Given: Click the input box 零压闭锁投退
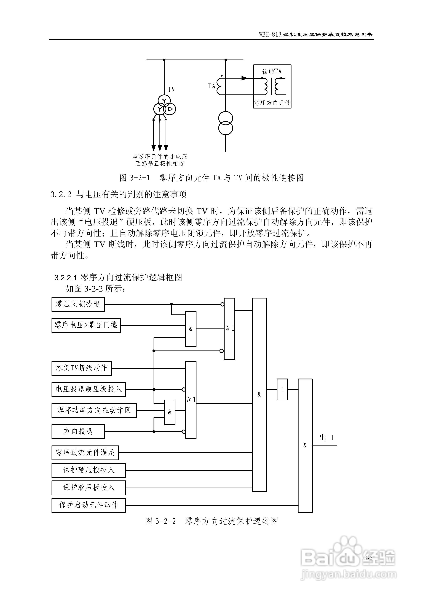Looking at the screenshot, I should click(78, 304).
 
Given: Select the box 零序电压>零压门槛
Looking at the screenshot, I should click(86, 325).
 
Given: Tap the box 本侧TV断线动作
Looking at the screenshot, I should click(82, 368).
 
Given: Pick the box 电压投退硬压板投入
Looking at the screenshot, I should click(89, 389).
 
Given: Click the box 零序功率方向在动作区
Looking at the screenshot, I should click(94, 411).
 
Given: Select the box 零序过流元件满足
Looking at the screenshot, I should click(85, 453).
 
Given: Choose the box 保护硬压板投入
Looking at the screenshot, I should click(89, 470).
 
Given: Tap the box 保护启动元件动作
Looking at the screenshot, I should click(89, 505).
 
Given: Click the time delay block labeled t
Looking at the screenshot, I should click(282, 389).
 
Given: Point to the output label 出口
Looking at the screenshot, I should click(326, 437).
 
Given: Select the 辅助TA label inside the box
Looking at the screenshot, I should click(272, 71).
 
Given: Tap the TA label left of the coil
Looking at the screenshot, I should click(211, 86).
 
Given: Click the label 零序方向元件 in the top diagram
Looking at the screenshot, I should click(272, 103).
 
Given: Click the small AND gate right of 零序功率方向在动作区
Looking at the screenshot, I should click(170, 412).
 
